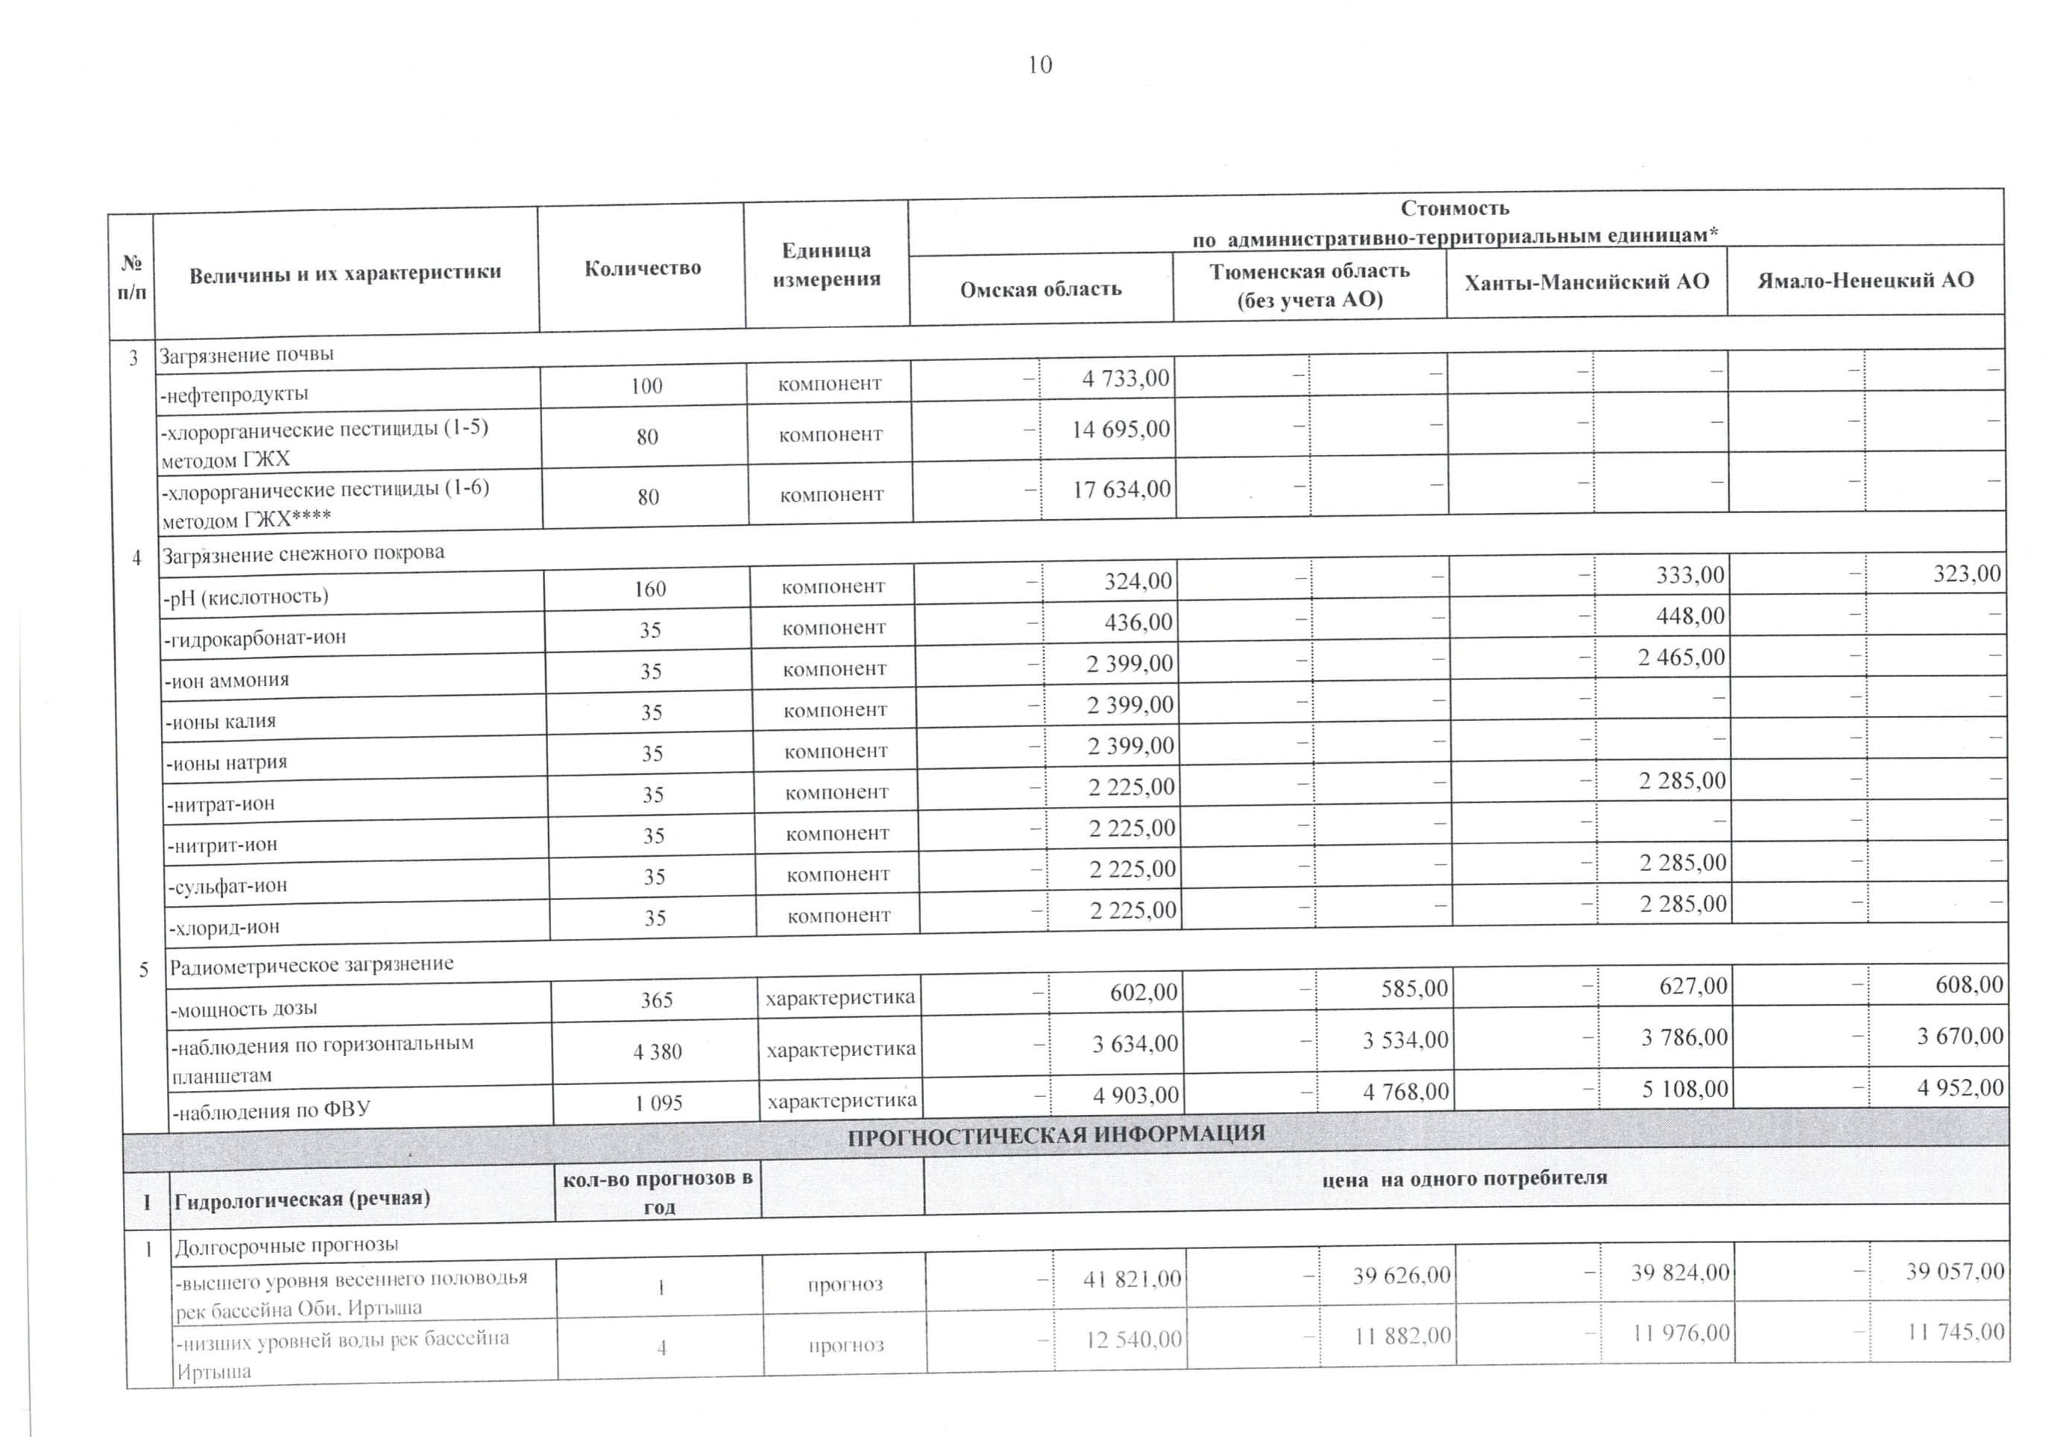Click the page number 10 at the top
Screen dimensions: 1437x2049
coord(1039,65)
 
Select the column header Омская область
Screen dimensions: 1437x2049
coord(1041,289)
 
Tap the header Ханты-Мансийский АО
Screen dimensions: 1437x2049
coord(1587,282)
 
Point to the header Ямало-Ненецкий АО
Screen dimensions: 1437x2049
coord(1865,280)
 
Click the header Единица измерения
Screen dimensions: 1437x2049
coord(826,264)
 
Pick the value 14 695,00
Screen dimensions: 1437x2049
coord(1121,430)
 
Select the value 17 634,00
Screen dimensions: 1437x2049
coord(1121,489)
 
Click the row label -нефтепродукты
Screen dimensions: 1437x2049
coord(234,394)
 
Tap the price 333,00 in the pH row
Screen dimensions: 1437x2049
coord(1690,575)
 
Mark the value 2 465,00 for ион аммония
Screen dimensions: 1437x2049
coord(1681,658)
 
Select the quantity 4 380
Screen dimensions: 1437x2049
coord(658,1052)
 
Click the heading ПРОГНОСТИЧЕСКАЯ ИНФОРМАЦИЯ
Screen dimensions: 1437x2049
coord(1056,1135)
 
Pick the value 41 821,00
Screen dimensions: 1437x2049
coord(1132,1280)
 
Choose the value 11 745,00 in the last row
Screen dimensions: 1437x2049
coord(1955,1333)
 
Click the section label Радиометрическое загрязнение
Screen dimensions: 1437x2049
coord(312,965)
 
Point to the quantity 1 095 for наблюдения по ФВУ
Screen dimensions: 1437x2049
coord(658,1103)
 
